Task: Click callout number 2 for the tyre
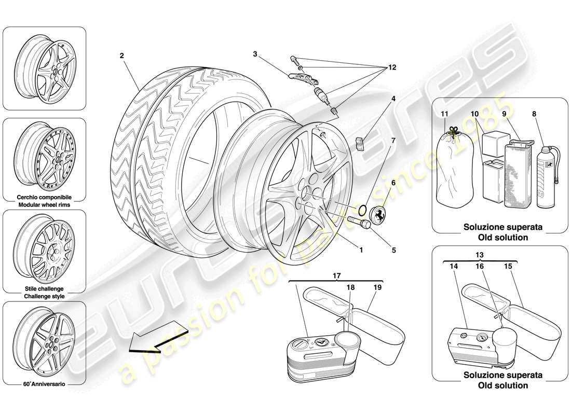pos(121,56)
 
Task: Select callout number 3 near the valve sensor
pos(255,53)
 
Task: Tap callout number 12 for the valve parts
pos(392,68)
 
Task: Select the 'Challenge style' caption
pos(44,296)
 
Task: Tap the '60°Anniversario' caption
pos(44,385)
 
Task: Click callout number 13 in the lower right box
pos(480,254)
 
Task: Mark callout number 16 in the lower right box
pos(480,266)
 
